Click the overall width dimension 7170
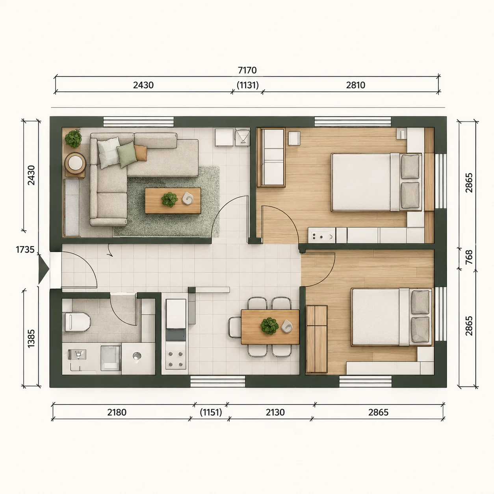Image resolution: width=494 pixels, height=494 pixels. point(247,70)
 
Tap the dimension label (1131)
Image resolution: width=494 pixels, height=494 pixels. point(248,85)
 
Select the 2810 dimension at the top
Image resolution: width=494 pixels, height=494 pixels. point(356,85)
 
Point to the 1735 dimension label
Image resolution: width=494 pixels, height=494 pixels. point(25,249)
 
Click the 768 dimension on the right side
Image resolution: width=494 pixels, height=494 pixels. point(469,257)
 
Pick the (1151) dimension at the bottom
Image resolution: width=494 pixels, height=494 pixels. point(211,412)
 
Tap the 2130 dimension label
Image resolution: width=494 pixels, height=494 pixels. point(275,412)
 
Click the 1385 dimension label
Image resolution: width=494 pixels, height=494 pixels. point(31,338)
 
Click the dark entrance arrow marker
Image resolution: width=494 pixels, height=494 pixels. point(43,268)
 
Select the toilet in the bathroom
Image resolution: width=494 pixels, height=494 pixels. point(77,322)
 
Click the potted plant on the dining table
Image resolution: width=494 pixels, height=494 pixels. point(269,326)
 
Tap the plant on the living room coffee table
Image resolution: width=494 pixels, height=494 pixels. point(169,199)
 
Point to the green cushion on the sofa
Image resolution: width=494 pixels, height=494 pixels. point(126,154)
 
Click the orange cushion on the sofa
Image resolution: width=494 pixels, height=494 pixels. point(141,153)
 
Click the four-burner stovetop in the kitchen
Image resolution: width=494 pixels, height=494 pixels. point(176,359)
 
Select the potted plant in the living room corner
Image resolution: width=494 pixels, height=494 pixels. point(73,139)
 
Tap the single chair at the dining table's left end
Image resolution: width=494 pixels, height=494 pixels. point(234,327)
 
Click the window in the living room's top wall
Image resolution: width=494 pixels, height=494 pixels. point(138,121)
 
